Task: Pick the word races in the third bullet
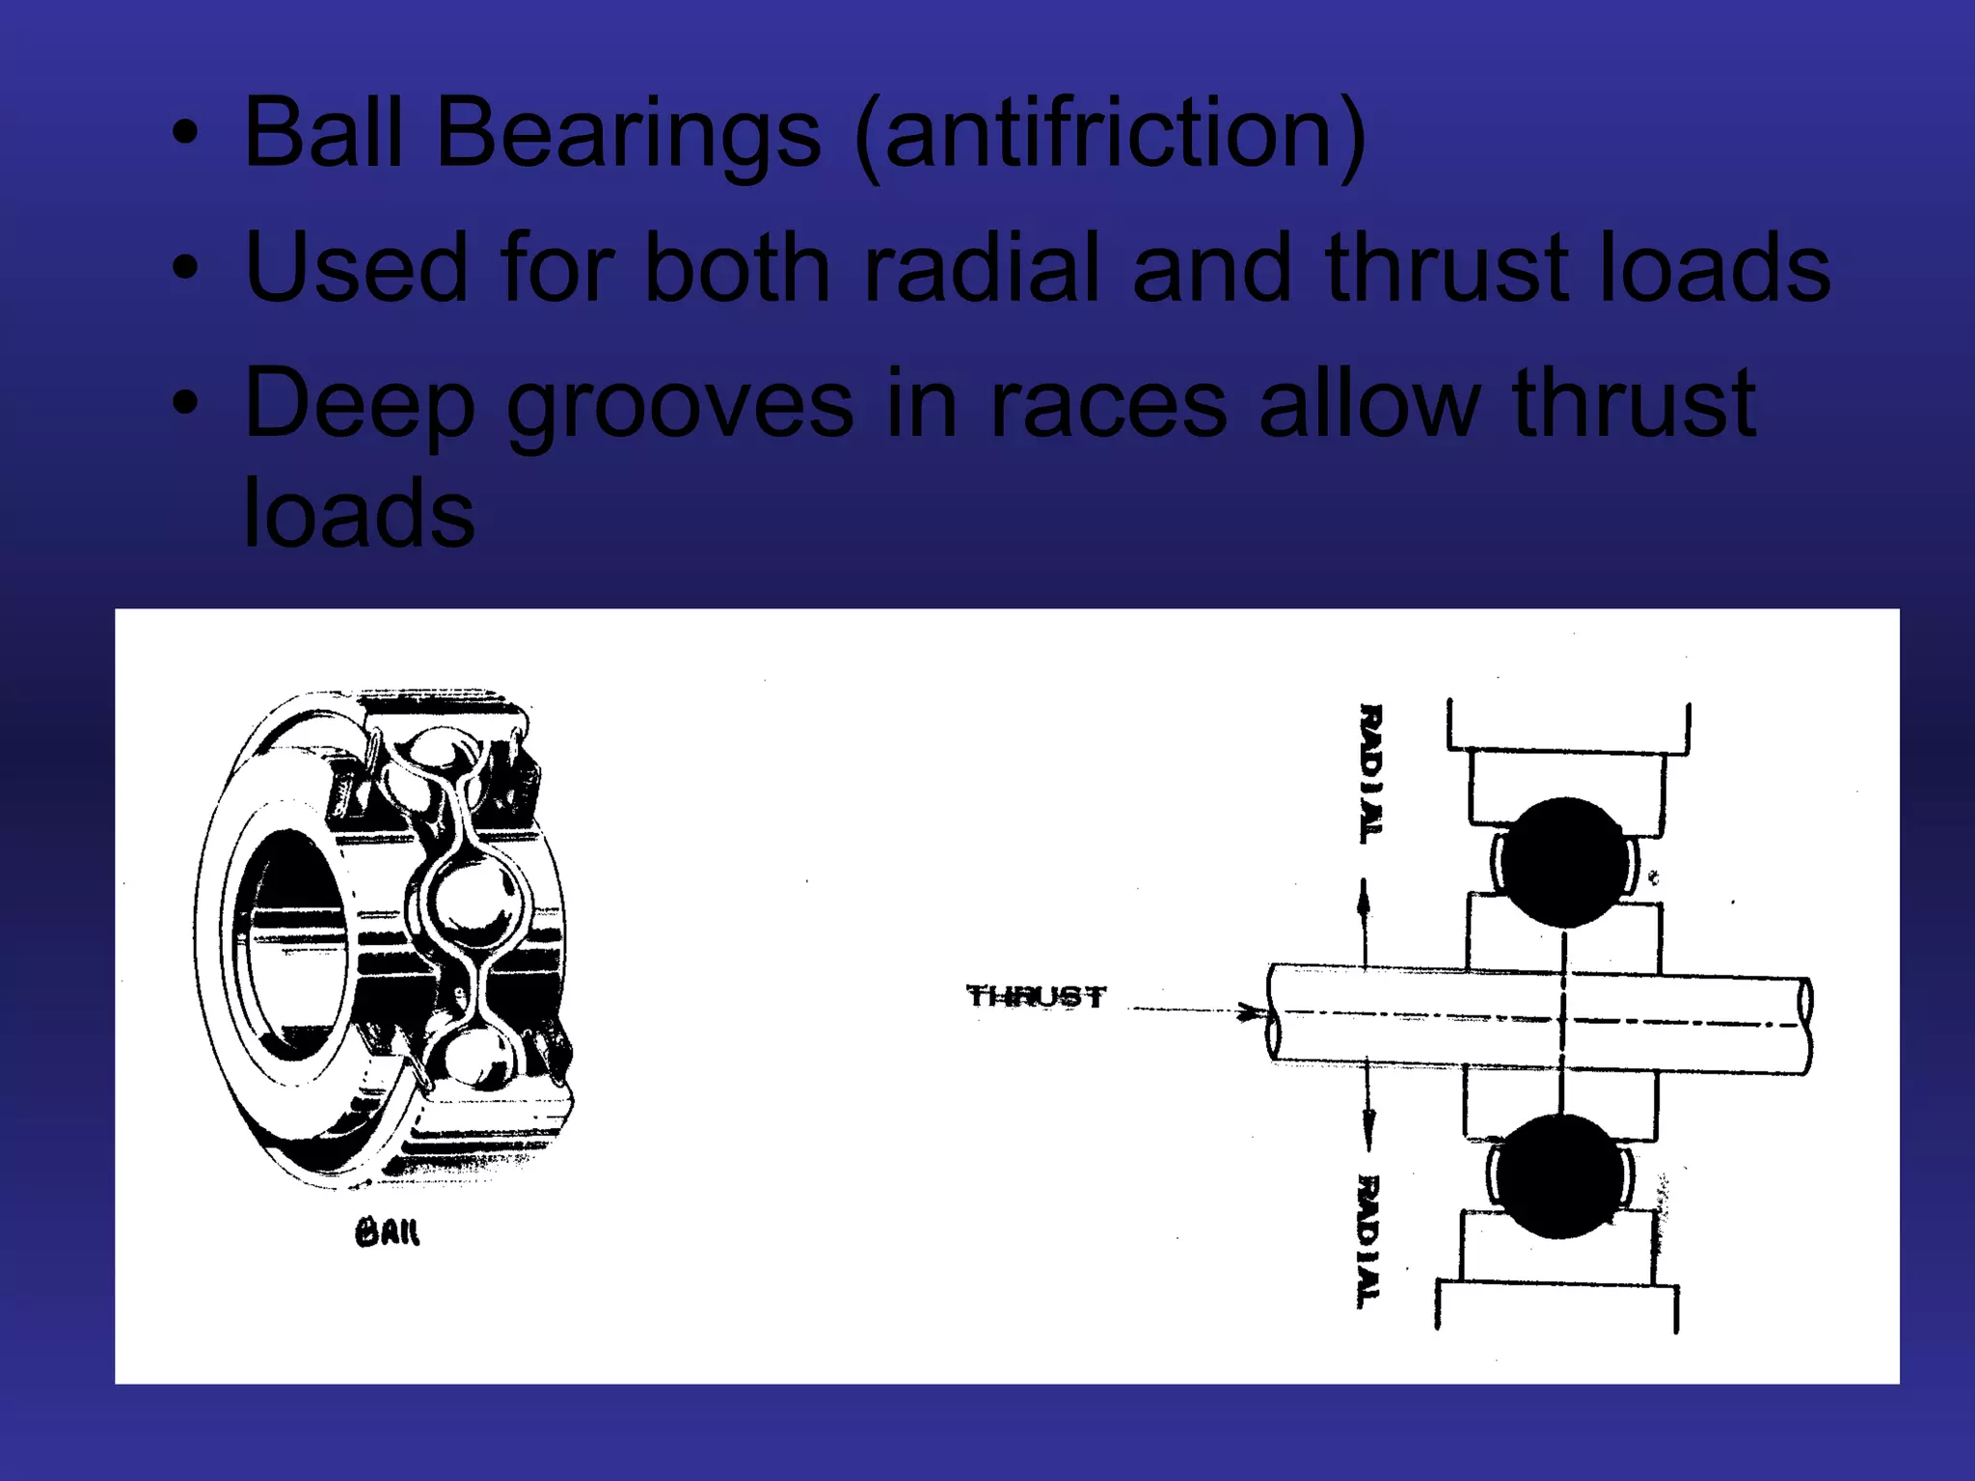[1108, 403]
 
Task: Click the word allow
[1370, 403]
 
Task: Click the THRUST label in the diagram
[1036, 996]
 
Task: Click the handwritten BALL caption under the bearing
[388, 1232]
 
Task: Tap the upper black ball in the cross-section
[1564, 861]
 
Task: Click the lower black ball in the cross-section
[1559, 1176]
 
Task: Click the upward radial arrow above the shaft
[1364, 906]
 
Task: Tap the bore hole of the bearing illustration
[294, 940]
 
